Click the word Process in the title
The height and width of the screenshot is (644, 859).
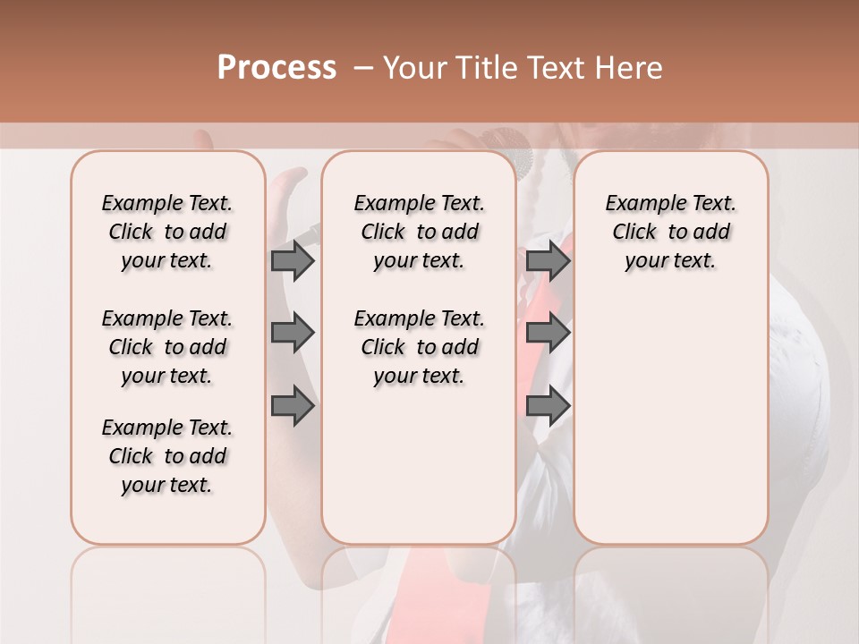click(x=276, y=68)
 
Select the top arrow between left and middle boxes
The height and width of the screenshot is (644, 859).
click(x=293, y=260)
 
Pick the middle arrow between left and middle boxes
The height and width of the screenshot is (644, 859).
click(x=293, y=333)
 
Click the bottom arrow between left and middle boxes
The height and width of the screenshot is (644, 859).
click(x=293, y=407)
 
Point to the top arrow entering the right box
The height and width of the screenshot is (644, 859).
click(x=548, y=260)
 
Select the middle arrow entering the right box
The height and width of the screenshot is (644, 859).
click(x=548, y=333)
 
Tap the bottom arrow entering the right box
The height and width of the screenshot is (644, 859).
click(x=548, y=407)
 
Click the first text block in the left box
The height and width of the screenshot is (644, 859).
click(x=167, y=232)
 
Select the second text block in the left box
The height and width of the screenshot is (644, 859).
click(x=167, y=347)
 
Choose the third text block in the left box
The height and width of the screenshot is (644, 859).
click(x=167, y=456)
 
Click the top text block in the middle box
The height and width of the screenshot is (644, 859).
click(x=419, y=232)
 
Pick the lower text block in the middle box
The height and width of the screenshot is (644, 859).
click(x=419, y=347)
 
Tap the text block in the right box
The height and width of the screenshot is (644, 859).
click(x=670, y=232)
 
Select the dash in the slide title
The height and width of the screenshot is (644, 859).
click(x=363, y=68)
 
